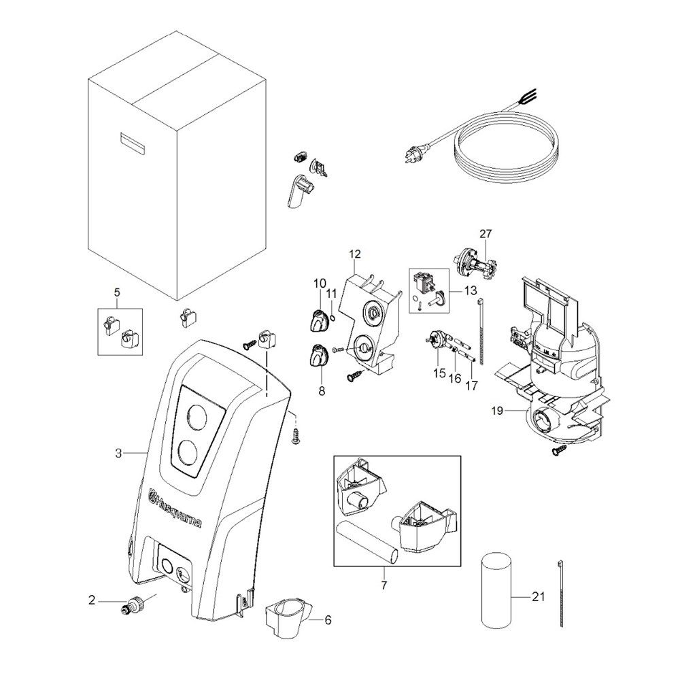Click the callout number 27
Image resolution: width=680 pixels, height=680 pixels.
(485, 234)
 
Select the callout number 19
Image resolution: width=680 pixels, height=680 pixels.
(497, 411)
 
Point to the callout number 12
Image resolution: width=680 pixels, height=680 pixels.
(354, 255)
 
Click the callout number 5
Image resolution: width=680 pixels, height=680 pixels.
(116, 293)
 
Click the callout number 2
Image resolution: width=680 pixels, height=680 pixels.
(92, 600)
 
